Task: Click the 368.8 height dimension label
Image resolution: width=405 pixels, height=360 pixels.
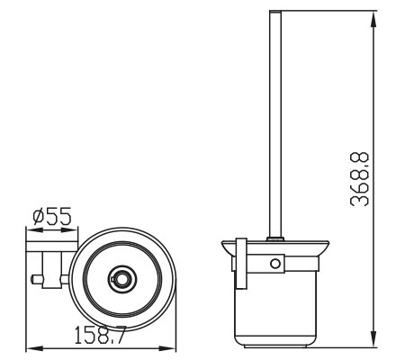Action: (359, 179)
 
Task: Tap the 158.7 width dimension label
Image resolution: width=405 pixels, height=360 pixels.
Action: (99, 335)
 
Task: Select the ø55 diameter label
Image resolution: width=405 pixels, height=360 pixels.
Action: (52, 216)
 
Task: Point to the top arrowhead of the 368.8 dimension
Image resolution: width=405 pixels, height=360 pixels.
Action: (373, 19)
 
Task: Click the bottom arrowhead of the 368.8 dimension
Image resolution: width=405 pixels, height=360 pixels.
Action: (373, 338)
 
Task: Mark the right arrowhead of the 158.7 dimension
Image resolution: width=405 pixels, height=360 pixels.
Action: (167, 349)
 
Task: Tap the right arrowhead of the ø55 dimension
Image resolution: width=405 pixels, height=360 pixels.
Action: (69, 230)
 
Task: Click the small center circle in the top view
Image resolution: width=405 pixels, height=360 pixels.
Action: (122, 279)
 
